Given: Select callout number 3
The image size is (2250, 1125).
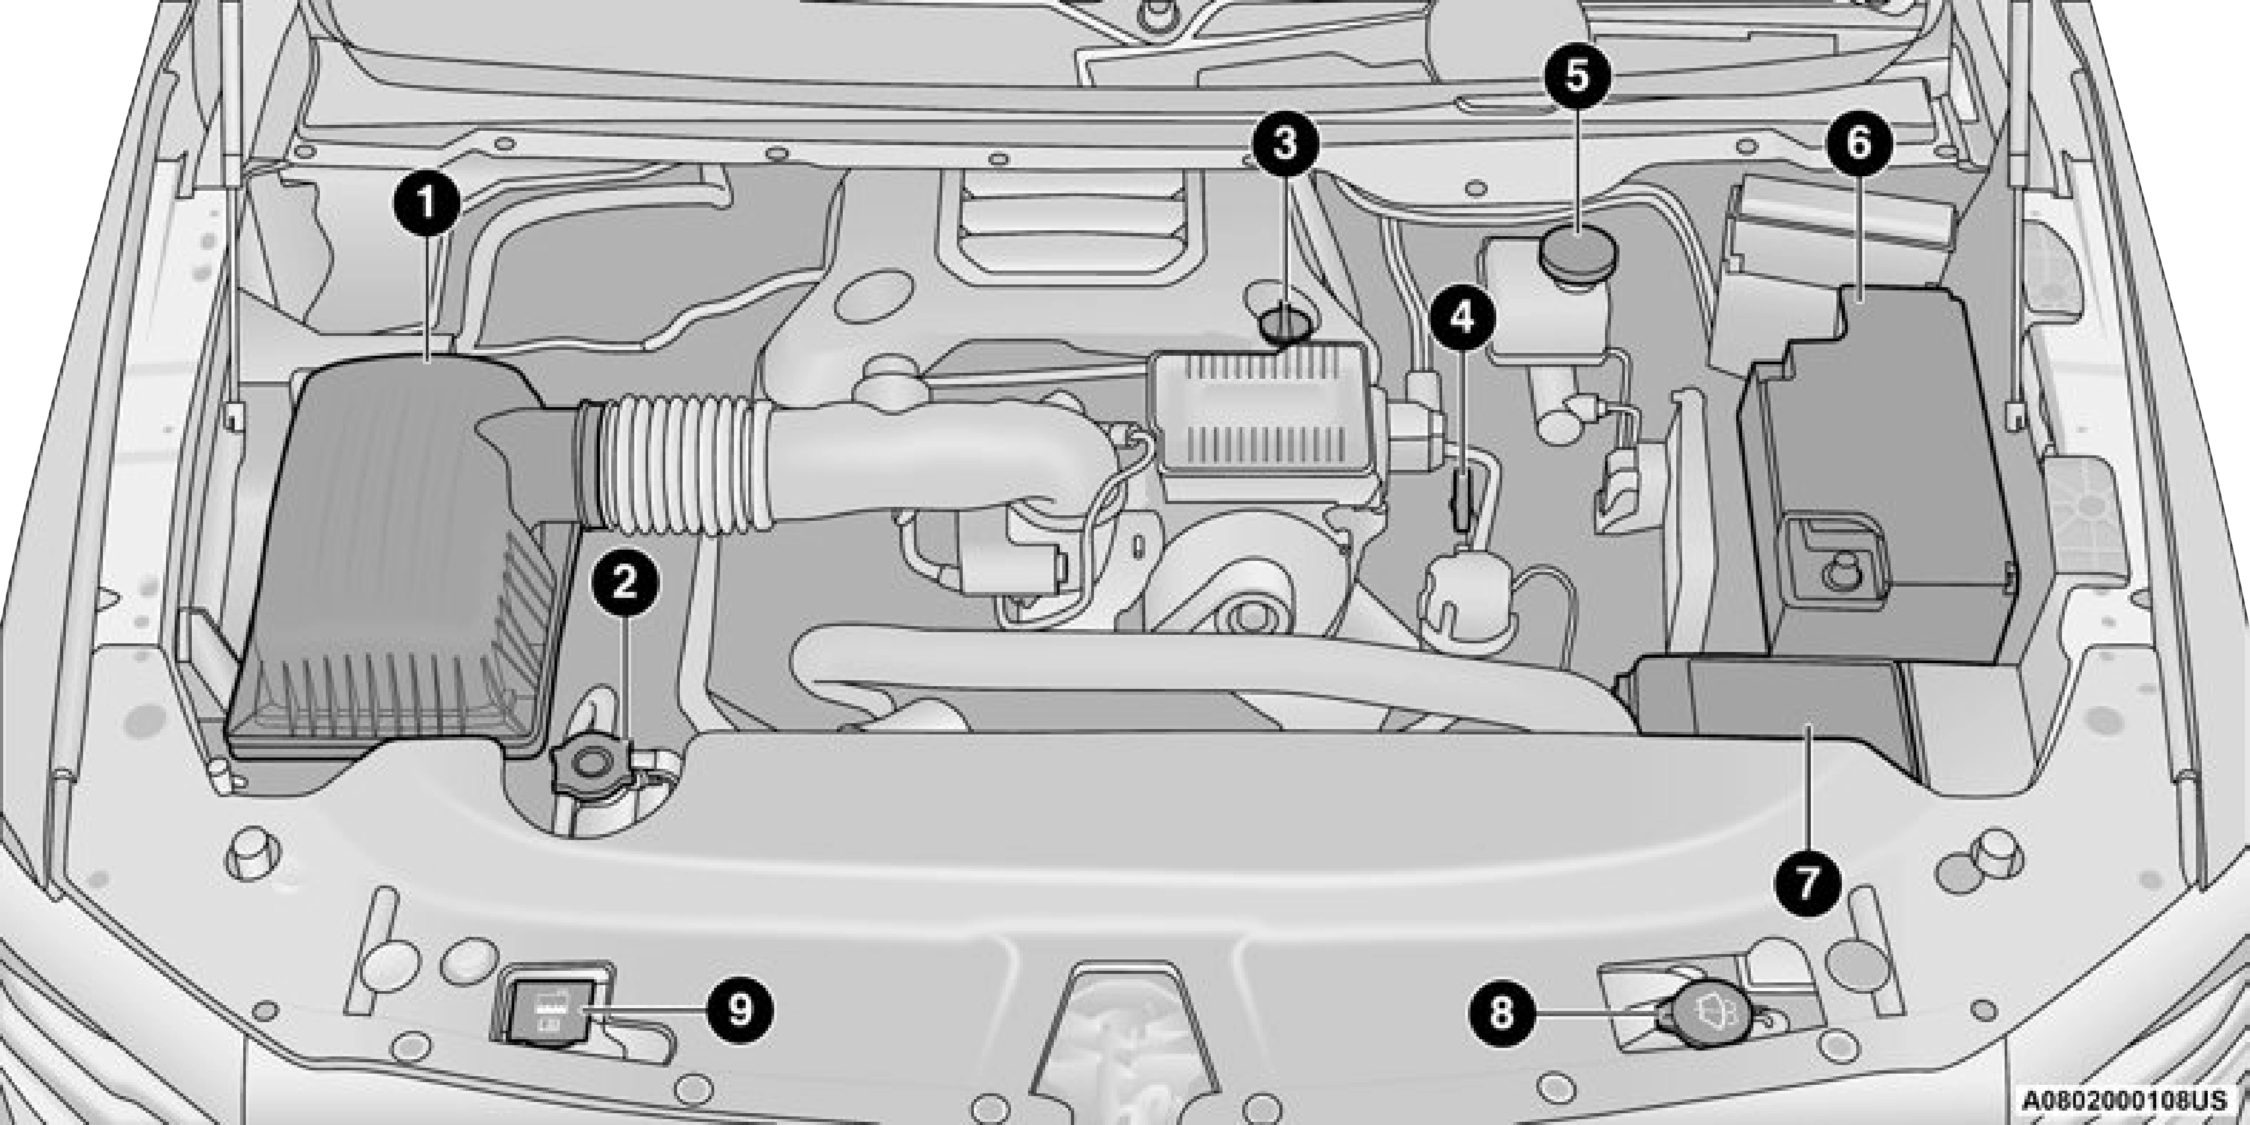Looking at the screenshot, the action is (1285, 144).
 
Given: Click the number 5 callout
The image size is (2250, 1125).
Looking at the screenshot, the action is (1577, 77).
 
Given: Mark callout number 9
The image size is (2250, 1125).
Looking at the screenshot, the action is (740, 1010).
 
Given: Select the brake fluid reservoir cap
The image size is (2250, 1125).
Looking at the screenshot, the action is (1578, 250).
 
